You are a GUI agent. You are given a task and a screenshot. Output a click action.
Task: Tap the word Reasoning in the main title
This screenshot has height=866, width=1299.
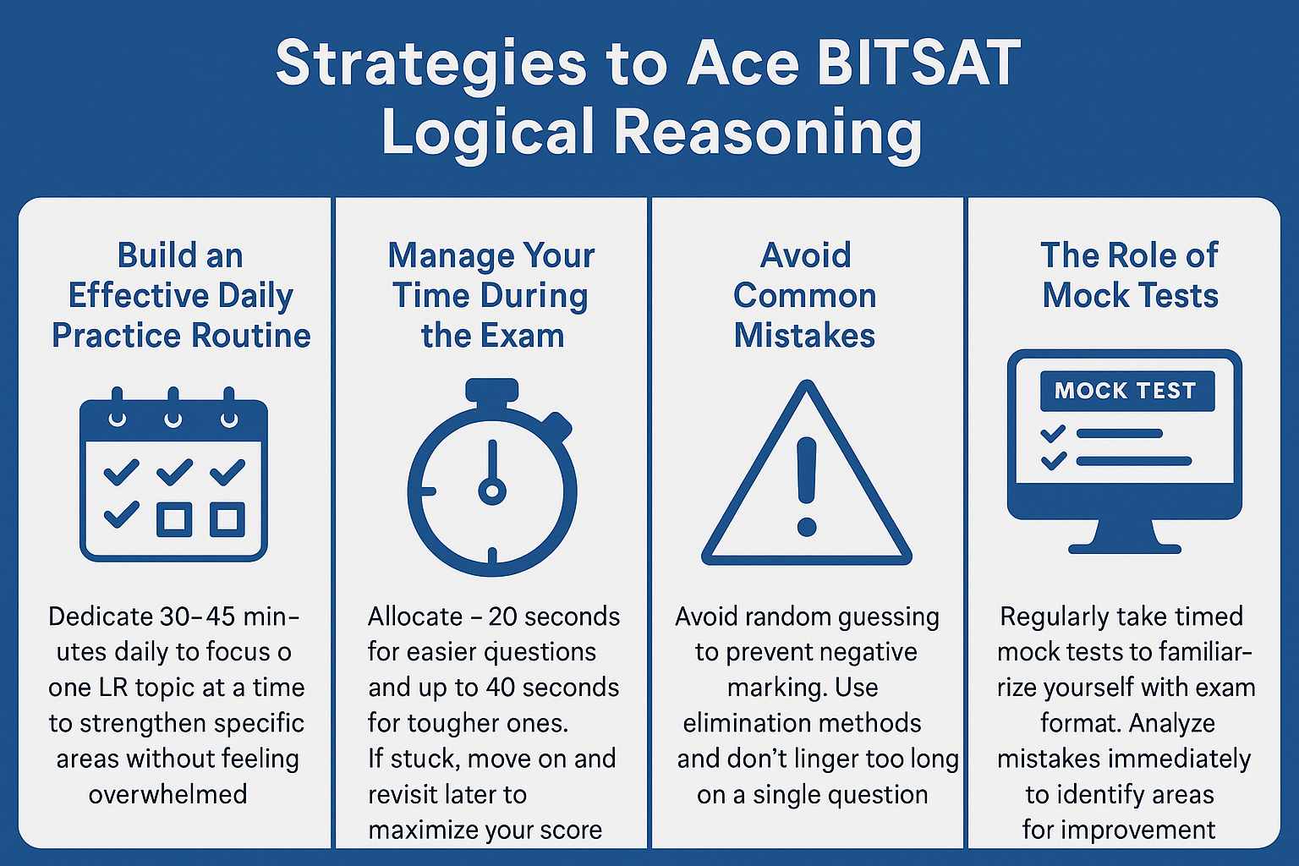tap(767, 133)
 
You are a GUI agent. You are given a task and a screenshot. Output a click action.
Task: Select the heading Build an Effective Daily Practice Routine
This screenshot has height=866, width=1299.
tap(181, 295)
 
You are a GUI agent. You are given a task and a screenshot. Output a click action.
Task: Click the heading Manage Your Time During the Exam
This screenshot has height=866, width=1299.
tap(492, 295)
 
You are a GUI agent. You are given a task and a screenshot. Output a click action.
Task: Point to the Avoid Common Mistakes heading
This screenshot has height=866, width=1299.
tap(805, 295)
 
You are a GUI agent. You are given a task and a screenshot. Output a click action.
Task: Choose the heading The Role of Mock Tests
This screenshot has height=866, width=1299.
tap(1130, 275)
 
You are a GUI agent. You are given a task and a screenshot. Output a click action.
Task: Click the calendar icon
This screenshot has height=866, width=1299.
tap(173, 475)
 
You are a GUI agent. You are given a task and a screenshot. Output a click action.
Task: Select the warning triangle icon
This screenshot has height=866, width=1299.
tap(807, 478)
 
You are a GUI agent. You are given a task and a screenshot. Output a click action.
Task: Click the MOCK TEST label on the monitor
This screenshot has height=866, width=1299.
tap(1126, 391)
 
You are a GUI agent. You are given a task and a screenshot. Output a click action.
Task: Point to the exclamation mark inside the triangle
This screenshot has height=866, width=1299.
tap(807, 486)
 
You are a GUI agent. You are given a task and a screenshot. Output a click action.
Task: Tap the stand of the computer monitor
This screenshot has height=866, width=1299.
tap(1125, 537)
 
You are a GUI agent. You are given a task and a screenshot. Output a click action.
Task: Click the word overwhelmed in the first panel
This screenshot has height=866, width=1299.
tap(168, 795)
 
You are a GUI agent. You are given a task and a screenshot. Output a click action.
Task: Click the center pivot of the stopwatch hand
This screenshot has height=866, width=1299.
tap(492, 491)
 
